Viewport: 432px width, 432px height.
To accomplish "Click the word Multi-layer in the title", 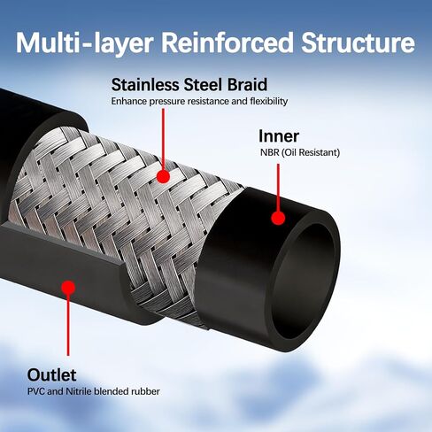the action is pyautogui.click(x=84, y=43).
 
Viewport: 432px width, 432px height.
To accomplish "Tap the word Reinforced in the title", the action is pyautogui.click(x=227, y=42).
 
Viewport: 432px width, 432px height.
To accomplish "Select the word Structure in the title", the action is pyautogui.click(x=358, y=42).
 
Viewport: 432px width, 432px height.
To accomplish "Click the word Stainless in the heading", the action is pyautogui.click(x=145, y=85).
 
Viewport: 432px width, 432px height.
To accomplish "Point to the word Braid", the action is pyautogui.click(x=247, y=85).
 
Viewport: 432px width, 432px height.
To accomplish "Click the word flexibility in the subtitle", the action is pyautogui.click(x=269, y=101).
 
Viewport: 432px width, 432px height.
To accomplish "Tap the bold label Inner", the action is pyautogui.click(x=279, y=136).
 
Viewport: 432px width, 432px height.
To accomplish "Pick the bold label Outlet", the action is pyautogui.click(x=51, y=375).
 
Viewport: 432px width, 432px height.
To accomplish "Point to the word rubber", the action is pyautogui.click(x=146, y=391).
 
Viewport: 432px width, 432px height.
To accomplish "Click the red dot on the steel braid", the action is pyautogui.click(x=163, y=176).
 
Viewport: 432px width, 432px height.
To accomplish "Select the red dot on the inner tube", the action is pyautogui.click(x=278, y=218).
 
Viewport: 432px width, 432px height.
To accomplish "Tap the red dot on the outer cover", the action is pyautogui.click(x=68, y=288).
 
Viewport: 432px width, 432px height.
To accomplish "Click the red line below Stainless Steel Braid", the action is pyautogui.click(x=163, y=139).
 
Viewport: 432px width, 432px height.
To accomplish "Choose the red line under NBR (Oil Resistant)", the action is pyautogui.click(x=278, y=188).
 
